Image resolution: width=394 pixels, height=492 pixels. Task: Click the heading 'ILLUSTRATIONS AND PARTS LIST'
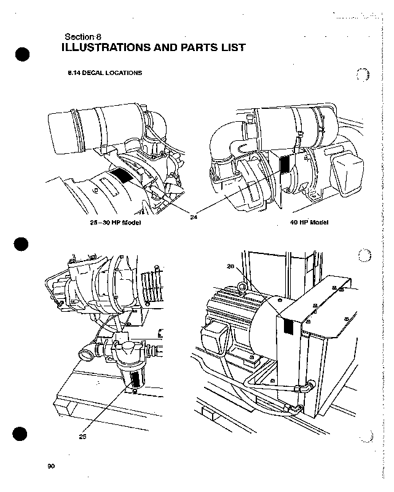154,47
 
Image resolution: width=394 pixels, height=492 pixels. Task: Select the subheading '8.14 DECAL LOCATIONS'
104,73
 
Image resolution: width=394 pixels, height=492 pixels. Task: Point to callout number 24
194,216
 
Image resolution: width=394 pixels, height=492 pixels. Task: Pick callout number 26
231,266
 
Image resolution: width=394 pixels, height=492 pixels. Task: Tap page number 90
51,466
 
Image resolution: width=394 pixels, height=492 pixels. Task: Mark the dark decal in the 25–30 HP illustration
121,174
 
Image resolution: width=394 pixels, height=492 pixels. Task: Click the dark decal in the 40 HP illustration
285,164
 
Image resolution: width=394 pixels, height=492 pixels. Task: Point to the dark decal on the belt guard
288,327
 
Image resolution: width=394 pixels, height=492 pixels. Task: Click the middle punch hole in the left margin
23,244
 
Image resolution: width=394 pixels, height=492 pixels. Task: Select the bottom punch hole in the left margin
23,434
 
